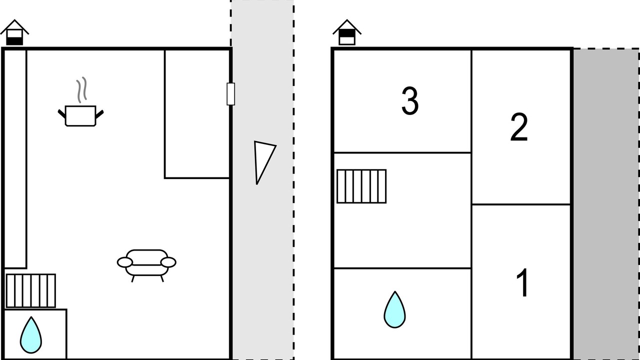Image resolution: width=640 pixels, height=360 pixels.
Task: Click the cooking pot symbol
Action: click(80, 115)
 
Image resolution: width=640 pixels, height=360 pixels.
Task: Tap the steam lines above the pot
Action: click(81, 89)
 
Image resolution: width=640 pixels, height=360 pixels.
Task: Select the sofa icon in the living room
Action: click(146, 265)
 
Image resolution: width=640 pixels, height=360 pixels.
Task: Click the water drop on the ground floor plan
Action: click(31, 335)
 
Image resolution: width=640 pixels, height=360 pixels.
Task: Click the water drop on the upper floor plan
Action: click(394, 309)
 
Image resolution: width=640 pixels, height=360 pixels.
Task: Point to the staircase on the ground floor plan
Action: click(31, 291)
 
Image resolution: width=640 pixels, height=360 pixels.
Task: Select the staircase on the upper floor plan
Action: click(361, 186)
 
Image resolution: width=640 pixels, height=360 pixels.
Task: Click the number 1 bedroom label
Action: click(522, 283)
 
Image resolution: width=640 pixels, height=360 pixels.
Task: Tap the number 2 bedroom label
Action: click(519, 126)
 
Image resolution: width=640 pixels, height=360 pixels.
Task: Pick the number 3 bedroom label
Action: click(410, 100)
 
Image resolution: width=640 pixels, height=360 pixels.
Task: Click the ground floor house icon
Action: click(14, 32)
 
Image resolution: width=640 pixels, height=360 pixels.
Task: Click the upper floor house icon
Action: click(347, 32)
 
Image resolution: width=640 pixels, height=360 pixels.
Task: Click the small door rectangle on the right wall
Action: click(231, 94)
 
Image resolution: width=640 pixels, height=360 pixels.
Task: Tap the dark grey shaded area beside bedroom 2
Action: click(606, 204)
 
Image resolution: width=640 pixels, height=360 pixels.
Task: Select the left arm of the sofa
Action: click(125, 262)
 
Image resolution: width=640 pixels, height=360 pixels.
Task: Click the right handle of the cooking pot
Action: click(99, 114)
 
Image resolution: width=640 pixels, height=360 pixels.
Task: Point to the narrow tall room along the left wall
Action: click(15, 159)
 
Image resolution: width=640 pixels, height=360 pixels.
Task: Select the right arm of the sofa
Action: click(168, 262)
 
